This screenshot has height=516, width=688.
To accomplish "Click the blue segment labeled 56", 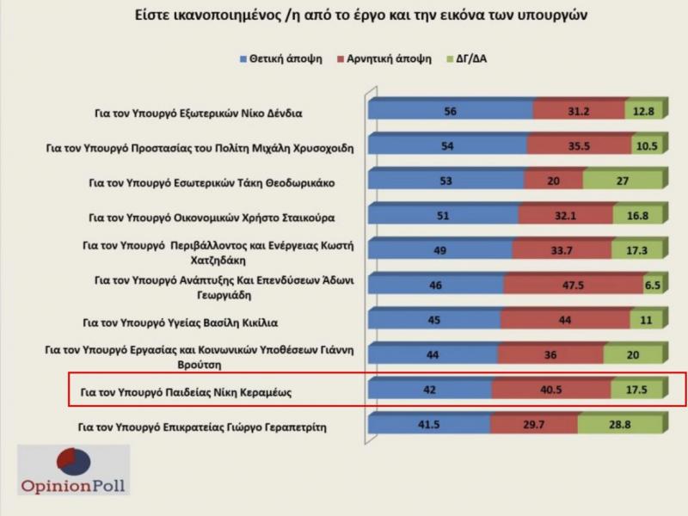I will [x=450, y=112].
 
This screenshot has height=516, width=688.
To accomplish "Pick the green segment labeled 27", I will [x=622, y=181].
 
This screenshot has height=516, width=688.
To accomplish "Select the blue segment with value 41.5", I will [x=429, y=425].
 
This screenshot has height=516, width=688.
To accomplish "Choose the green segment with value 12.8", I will [x=642, y=112].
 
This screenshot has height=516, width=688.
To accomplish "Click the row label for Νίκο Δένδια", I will [x=198, y=113].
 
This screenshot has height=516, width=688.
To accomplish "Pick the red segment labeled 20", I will [x=553, y=181].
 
